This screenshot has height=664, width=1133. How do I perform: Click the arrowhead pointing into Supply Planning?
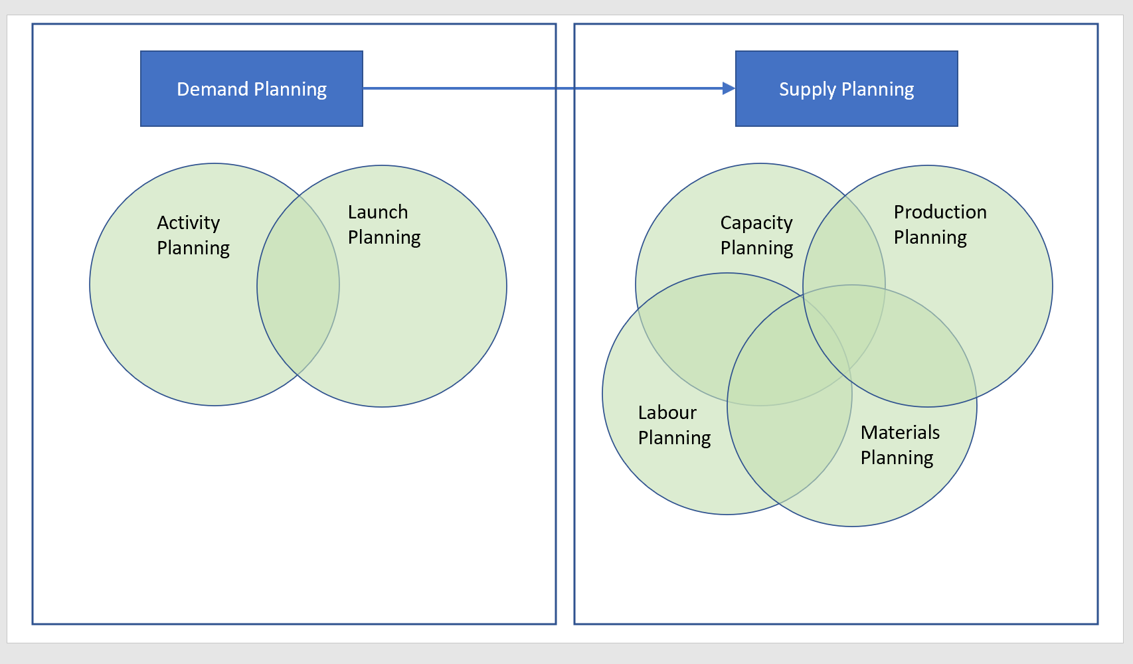[729, 88]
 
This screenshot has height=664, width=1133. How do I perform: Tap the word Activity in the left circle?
[188, 222]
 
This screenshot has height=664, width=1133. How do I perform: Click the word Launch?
[377, 212]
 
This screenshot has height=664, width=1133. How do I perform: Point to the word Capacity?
[756, 222]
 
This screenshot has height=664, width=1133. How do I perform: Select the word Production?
[940, 212]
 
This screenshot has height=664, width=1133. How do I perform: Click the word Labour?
[667, 412]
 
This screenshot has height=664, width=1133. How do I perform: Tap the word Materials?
[900, 432]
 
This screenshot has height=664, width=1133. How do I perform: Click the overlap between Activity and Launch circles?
[298, 286]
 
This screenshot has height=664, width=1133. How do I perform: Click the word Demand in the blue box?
[212, 89]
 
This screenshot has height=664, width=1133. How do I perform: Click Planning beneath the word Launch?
[384, 237]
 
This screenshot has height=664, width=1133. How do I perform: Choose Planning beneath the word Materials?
[897, 457]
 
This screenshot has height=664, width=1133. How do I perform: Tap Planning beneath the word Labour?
[674, 438]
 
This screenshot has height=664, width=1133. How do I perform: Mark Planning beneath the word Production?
[930, 237]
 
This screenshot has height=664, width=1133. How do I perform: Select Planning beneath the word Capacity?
[756, 248]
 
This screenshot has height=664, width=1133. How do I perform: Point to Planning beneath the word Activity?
[193, 248]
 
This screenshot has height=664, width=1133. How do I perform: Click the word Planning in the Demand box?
[290, 89]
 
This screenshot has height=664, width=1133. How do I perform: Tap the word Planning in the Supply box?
[877, 89]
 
